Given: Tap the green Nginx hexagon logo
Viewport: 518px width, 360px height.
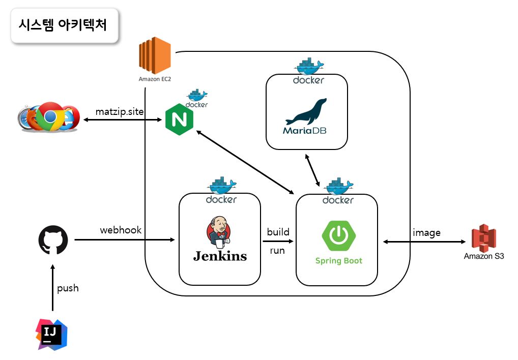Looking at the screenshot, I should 179,121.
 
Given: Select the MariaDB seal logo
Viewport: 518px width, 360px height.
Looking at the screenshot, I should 306,112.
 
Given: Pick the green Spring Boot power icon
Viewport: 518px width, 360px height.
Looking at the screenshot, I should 339,236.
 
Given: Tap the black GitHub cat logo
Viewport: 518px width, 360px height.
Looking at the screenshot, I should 53,240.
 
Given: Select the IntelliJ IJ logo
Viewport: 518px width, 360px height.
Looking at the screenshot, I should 51,334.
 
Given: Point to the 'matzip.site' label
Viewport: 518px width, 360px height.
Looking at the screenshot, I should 120,111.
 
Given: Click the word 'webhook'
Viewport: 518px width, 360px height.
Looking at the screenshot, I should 121,230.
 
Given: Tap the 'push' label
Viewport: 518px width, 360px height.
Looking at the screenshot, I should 68,288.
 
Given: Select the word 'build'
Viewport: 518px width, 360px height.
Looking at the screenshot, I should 278,232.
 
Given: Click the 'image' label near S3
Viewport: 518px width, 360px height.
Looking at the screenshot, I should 426,232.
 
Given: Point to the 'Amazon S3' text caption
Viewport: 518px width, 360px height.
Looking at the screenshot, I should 484,256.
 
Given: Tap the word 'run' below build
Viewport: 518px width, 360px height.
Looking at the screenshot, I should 277,251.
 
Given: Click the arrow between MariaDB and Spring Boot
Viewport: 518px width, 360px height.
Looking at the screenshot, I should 312,171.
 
